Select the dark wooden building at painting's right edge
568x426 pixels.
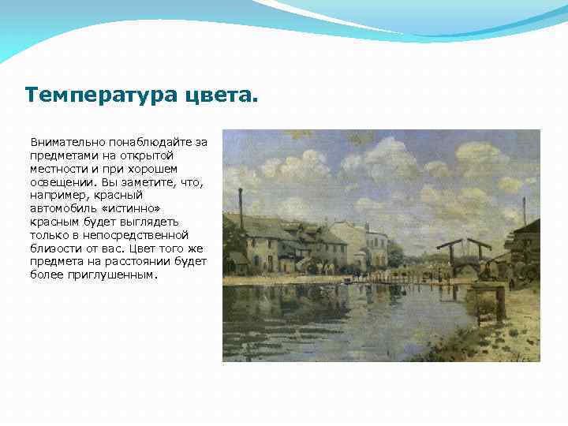(x=525, y=248)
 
